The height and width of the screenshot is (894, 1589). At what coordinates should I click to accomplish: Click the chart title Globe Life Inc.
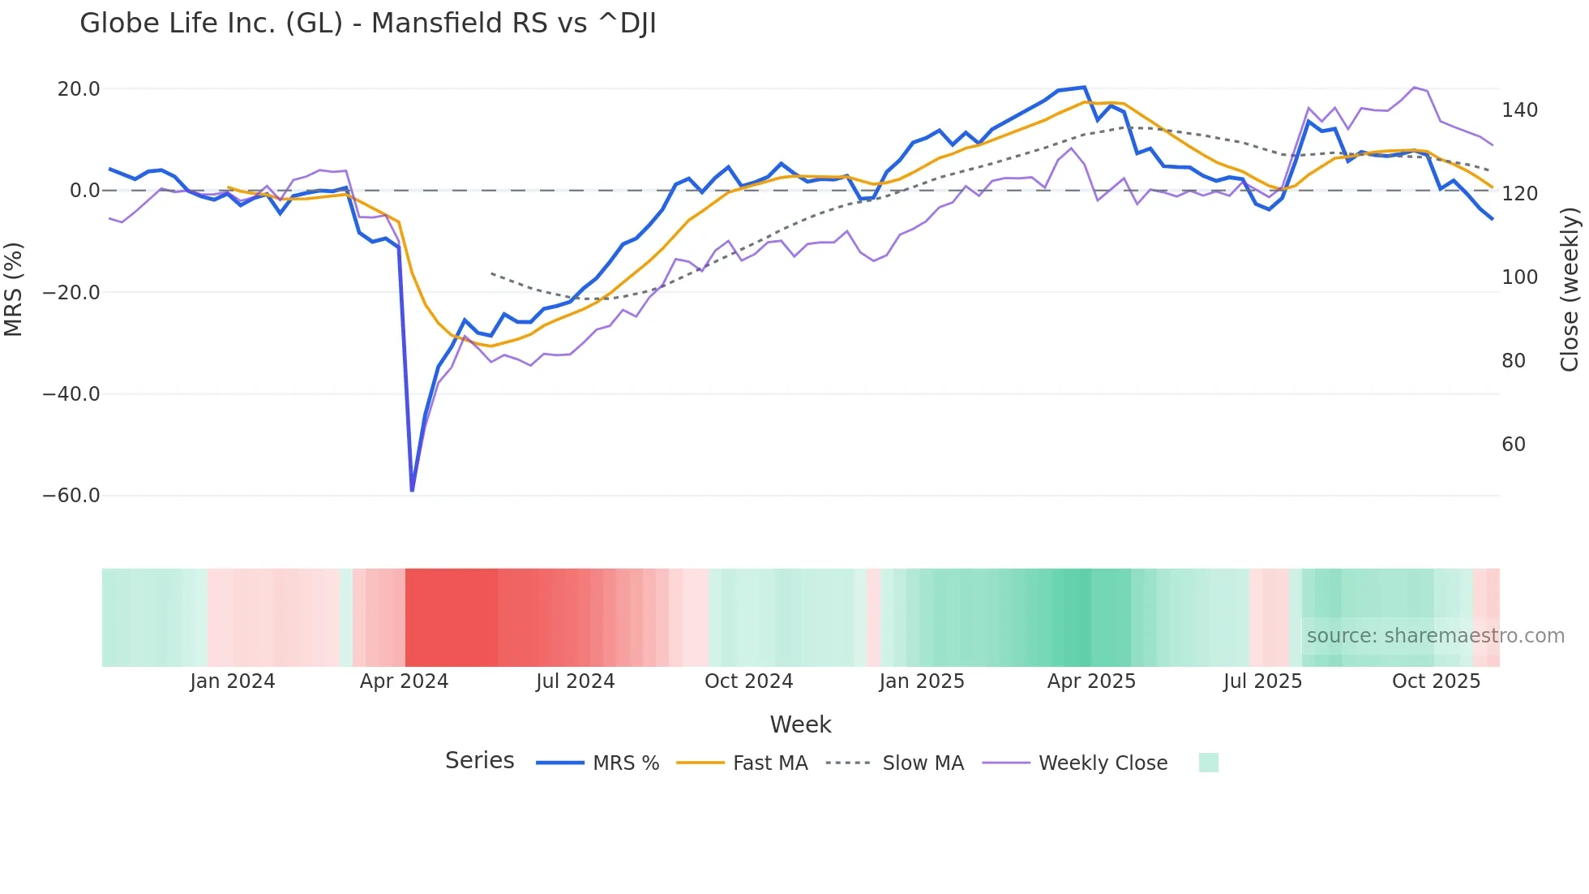click(x=367, y=24)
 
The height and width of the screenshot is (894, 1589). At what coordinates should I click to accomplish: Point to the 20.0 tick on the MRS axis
click(x=79, y=89)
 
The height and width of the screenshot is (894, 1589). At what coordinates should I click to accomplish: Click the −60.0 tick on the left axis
click(x=71, y=496)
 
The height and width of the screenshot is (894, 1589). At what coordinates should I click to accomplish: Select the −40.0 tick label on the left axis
click(x=71, y=394)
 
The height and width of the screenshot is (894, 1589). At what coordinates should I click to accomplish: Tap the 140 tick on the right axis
click(x=1519, y=110)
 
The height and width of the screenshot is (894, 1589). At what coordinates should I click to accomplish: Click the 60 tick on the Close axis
click(x=1514, y=445)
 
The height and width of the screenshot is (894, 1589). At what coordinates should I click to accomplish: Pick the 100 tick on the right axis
click(x=1519, y=277)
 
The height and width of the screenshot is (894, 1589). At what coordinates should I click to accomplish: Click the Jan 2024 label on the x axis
click(x=233, y=681)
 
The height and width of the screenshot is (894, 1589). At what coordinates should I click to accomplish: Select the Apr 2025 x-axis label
click(x=1091, y=681)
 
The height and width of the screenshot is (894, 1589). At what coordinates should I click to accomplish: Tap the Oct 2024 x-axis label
click(x=748, y=681)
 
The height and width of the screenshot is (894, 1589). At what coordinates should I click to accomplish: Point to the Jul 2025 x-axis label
click(x=1262, y=681)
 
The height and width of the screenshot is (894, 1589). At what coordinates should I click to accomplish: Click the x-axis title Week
click(x=800, y=724)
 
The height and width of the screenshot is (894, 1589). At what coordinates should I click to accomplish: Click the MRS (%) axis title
click(x=14, y=290)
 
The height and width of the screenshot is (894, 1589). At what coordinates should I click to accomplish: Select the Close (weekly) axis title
click(x=1570, y=290)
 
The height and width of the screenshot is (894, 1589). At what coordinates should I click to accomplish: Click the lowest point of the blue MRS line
click(x=412, y=490)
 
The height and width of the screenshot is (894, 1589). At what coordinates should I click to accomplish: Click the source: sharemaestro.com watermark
click(x=1435, y=636)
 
